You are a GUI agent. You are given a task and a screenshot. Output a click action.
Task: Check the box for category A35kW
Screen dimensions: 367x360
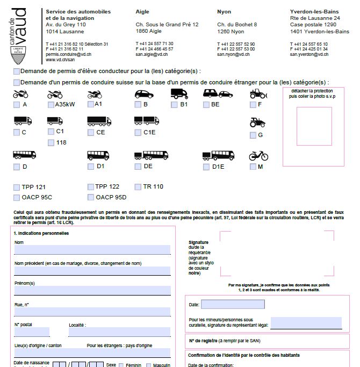click(x=51, y=104)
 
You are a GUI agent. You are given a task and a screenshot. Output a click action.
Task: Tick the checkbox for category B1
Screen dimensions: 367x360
click(x=175, y=104)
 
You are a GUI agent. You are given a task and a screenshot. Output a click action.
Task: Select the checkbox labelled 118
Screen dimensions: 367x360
click(x=51, y=142)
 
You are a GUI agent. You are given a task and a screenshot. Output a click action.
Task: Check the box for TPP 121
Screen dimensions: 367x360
click(x=17, y=187)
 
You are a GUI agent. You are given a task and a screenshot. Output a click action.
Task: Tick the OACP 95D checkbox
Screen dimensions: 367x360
click(x=91, y=197)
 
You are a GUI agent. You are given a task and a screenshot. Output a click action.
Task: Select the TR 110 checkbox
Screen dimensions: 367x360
click(x=138, y=187)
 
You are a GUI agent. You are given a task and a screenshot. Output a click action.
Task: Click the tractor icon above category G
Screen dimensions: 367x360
click(x=257, y=123)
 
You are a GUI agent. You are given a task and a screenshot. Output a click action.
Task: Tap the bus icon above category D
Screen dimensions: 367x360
click(x=24, y=156)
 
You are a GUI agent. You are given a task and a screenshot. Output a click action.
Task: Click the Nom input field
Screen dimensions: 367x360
click(x=92, y=250)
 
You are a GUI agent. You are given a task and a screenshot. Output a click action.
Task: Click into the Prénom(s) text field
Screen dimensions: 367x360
click(x=92, y=290)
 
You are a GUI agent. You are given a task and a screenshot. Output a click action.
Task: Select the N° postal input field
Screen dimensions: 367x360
click(x=32, y=332)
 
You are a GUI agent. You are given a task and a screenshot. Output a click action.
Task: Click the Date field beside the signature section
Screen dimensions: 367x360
click(x=233, y=304)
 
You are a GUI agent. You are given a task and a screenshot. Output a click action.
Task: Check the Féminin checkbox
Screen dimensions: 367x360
click(x=121, y=365)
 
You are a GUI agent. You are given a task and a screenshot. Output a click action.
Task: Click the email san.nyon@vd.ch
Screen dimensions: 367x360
click(x=233, y=54)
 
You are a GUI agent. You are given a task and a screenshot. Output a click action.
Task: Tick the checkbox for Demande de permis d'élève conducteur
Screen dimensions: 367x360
click(x=17, y=71)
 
